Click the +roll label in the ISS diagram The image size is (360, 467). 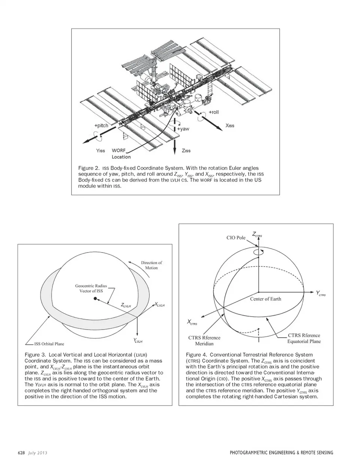coord(214,112)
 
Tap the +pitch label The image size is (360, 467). coord(101,126)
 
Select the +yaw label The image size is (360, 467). coord(183,129)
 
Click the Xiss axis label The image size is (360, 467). coord(230,125)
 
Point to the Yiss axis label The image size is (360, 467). coord(100,150)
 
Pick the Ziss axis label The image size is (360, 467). coord(186,150)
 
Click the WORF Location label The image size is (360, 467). coord(121,154)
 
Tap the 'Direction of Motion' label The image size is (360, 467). coord(151,265)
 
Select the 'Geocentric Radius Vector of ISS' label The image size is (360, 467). coord(91,288)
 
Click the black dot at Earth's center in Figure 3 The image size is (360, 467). coord(95,299)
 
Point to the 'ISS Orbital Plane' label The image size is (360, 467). coord(49,344)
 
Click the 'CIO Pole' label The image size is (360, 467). coord(236,237)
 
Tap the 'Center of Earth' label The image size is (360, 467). coord(265,299)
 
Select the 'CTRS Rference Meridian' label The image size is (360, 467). coord(204,341)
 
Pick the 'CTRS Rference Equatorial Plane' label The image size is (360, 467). coord(304,338)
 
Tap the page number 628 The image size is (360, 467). coord(21,453)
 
